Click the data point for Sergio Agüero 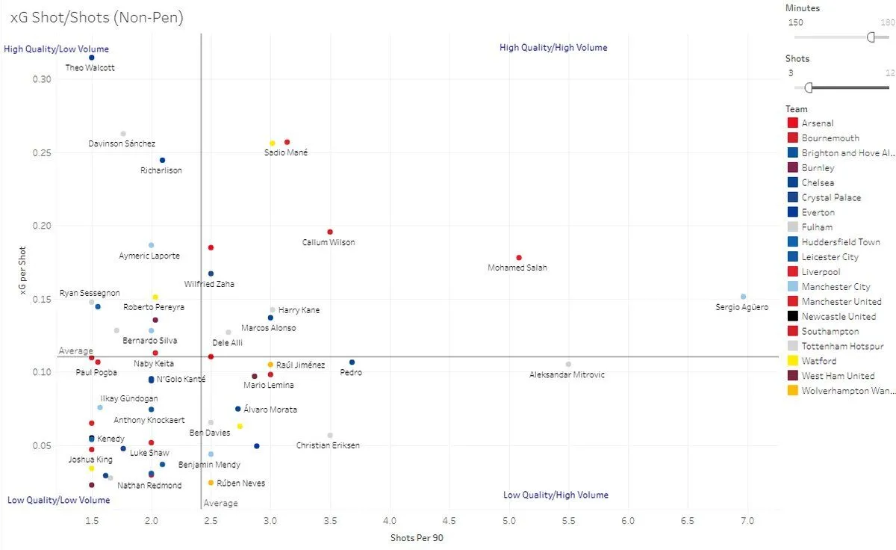click(x=743, y=297)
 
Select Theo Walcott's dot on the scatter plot click(x=91, y=58)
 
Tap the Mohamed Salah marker click(x=519, y=258)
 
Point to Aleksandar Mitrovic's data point click(x=568, y=364)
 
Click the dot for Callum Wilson click(x=330, y=232)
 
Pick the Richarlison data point click(x=162, y=160)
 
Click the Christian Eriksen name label click(x=328, y=445)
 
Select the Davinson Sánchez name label click(x=122, y=143)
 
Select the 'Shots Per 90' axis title click(x=417, y=537)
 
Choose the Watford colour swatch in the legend click(x=793, y=361)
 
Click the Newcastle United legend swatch click(x=793, y=316)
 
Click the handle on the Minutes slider click(x=871, y=37)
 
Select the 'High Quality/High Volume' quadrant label click(x=553, y=48)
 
